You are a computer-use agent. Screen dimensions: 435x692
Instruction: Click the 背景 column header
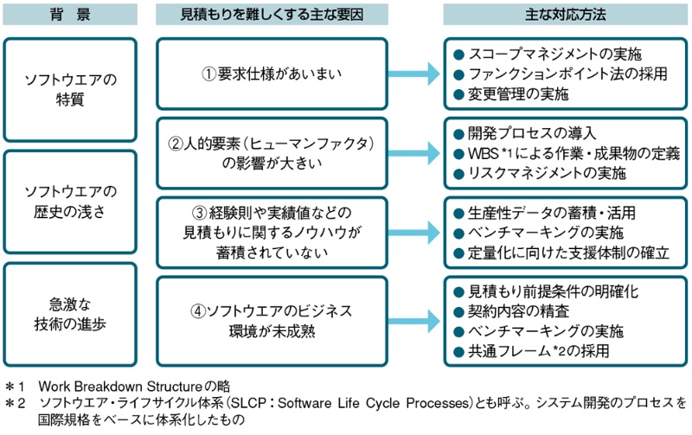coord(70,15)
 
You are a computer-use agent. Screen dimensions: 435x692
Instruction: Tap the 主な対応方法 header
coord(566,15)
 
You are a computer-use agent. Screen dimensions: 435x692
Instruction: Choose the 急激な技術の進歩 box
coord(70,313)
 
